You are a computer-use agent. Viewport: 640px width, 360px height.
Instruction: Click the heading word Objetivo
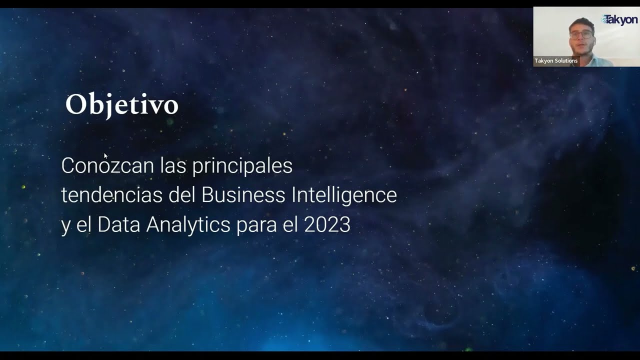pos(121,105)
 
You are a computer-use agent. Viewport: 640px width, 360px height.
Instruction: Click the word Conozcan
pos(107,165)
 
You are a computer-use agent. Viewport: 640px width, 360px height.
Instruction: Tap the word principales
pos(242,166)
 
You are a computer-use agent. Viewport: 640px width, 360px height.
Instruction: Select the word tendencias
pos(111,195)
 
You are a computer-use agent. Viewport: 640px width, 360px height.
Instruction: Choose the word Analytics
pos(188,225)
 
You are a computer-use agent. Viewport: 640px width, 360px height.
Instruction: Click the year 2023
pos(327,225)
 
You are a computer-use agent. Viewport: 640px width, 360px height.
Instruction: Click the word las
pos(173,165)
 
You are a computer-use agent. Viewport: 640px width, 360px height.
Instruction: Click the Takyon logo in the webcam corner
pos(619,19)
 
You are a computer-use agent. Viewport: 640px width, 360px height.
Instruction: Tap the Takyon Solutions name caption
pos(556,61)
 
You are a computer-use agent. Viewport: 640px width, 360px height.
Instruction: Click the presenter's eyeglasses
pos(581,34)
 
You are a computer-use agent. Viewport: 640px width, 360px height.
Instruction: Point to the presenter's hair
pos(581,22)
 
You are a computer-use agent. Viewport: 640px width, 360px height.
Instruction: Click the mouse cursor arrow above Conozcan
pos(105,156)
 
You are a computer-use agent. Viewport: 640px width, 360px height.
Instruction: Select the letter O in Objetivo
pos(75,105)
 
